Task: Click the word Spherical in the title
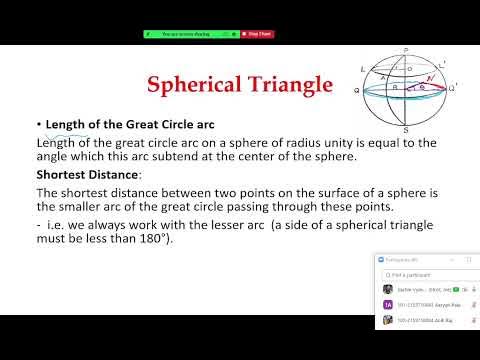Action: (195, 86)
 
